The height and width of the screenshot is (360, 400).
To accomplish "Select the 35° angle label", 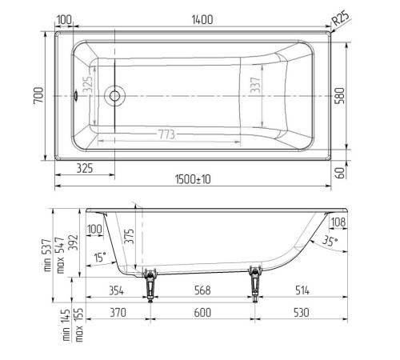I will (330, 240).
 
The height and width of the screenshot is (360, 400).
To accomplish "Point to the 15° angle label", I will (98, 258).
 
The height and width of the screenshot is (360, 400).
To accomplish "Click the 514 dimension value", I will (301, 290).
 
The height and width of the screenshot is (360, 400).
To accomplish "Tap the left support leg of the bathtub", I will (150, 282).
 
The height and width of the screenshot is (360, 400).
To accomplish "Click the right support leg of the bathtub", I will (256, 282).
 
